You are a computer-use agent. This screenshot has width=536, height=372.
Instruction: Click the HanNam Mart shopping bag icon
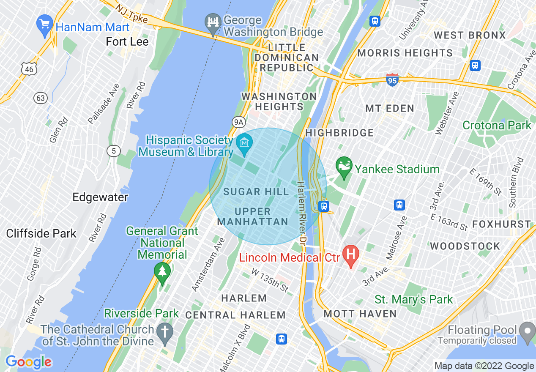point(44,23)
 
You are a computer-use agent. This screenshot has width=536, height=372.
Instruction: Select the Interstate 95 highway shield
point(392,79)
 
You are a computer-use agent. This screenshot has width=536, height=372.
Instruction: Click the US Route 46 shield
point(28,68)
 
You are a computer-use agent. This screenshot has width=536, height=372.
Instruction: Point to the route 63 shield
point(40,98)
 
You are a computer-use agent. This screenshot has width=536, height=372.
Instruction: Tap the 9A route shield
point(239,122)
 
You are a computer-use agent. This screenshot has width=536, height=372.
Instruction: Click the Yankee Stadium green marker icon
point(344,165)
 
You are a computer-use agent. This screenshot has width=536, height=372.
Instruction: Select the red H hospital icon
point(350,254)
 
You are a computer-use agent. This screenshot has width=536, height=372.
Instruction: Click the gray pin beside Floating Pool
point(527,331)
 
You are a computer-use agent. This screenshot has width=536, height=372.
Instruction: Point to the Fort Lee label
point(127,41)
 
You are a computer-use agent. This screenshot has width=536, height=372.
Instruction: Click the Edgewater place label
point(100,197)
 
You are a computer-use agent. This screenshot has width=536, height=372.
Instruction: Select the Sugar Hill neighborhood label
point(256,192)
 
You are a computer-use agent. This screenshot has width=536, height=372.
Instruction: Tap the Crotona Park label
point(497,125)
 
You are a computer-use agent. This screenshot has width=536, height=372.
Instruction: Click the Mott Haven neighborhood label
point(360,314)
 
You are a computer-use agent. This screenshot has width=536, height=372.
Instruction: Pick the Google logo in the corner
point(28,362)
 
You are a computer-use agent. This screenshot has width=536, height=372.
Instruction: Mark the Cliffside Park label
point(41,233)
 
